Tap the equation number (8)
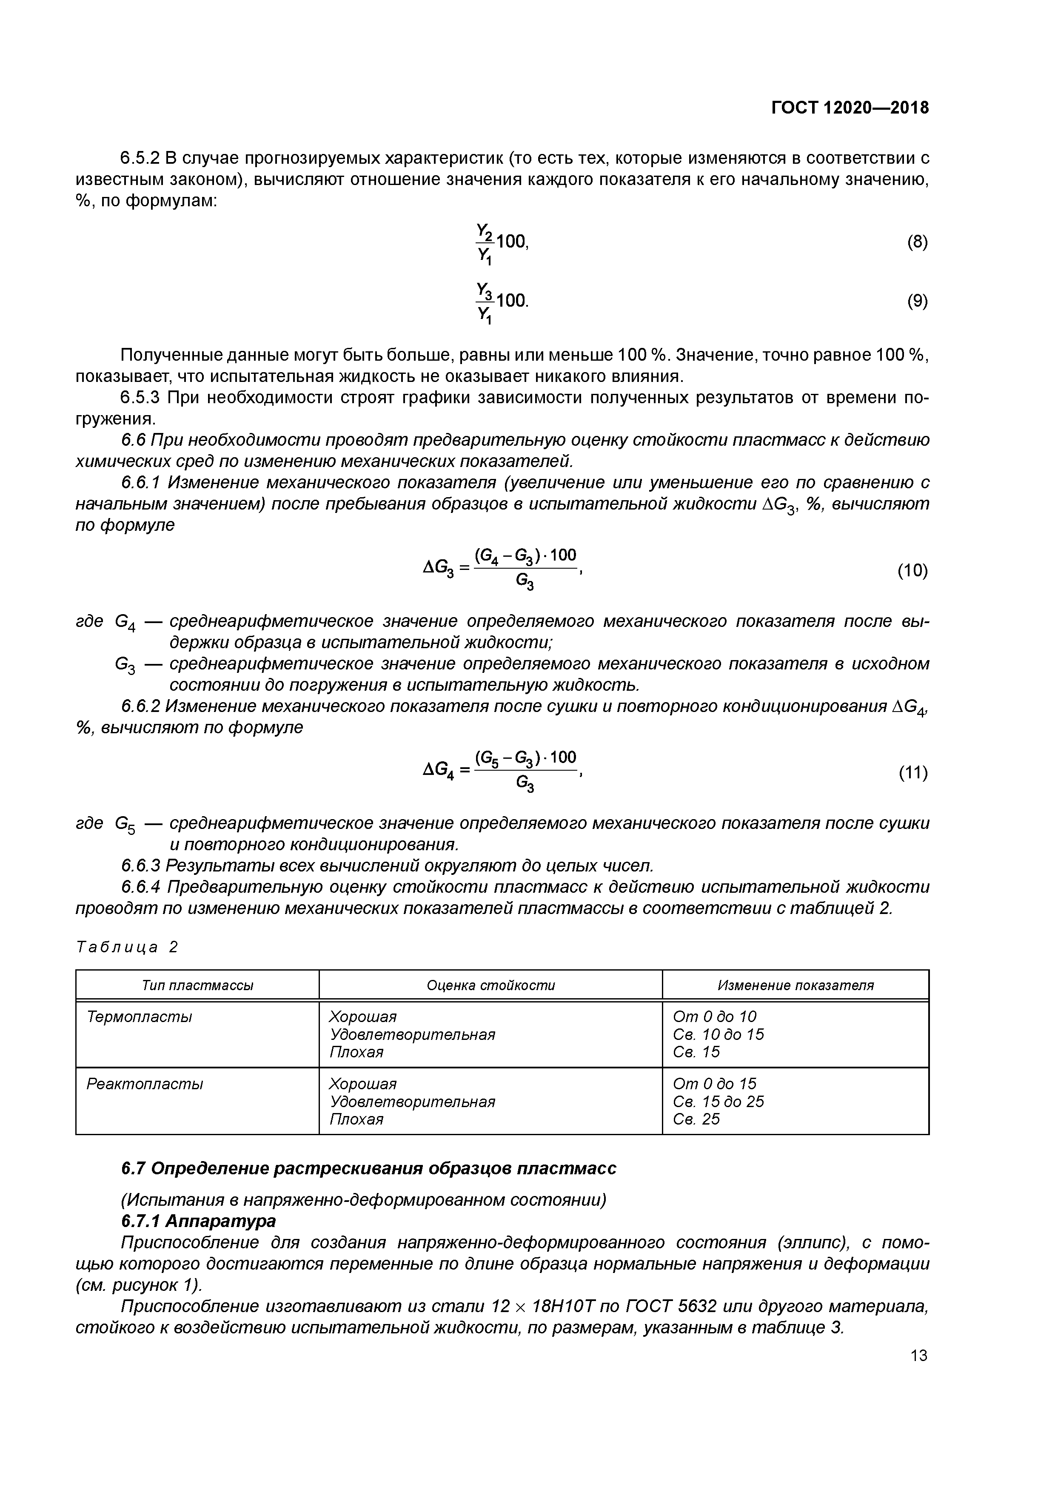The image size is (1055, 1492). pyautogui.click(x=917, y=242)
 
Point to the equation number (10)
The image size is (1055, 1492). pyautogui.click(x=912, y=570)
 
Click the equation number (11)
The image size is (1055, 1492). pyautogui.click(x=912, y=773)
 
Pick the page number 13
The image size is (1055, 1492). pyautogui.click(x=918, y=1355)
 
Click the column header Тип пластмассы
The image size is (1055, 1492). pyautogui.click(x=197, y=985)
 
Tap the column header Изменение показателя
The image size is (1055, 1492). pyautogui.click(x=795, y=985)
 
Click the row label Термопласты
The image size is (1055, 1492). pyautogui.click(x=139, y=1016)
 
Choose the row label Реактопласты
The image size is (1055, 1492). pyautogui.click(x=144, y=1084)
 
